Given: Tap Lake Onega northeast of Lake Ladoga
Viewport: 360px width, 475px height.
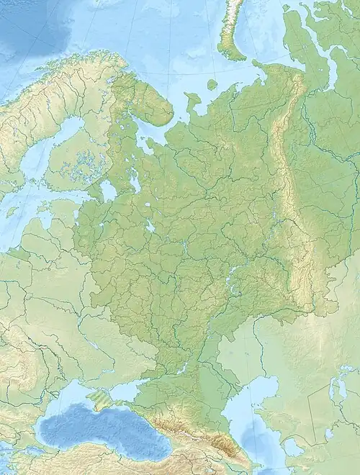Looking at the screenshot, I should [x=135, y=181].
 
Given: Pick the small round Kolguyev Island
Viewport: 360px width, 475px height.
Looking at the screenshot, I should [x=213, y=84].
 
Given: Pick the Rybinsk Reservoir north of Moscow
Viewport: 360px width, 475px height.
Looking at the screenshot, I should [x=150, y=227].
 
